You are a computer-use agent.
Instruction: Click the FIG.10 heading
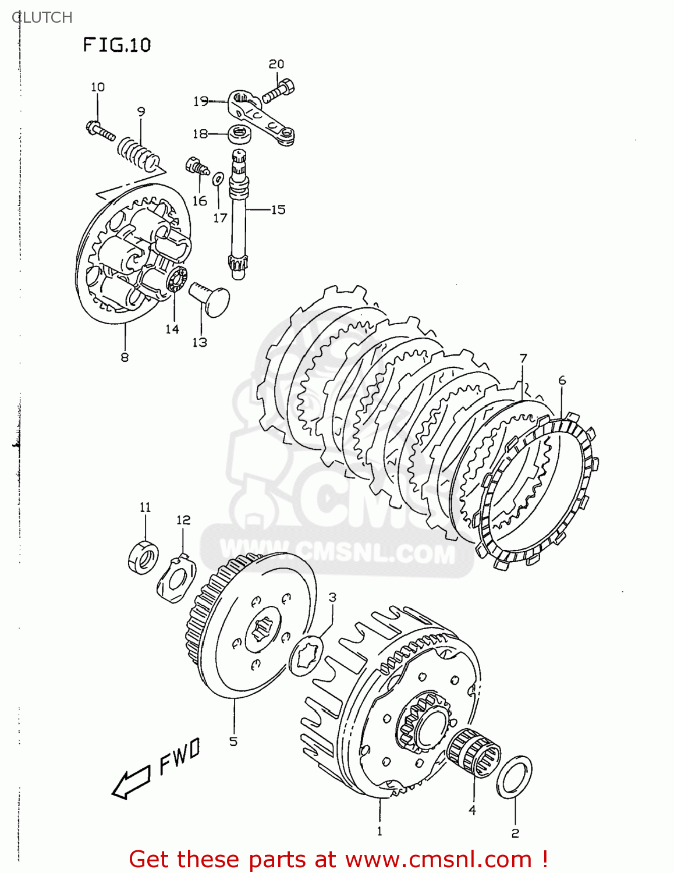(x=116, y=45)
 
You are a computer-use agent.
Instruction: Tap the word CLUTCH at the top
(x=42, y=17)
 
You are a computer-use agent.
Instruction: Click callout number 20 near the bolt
(x=276, y=64)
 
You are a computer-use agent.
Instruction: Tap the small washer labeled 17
(x=218, y=178)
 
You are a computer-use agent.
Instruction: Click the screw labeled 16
(x=196, y=166)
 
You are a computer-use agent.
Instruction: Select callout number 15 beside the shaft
(x=278, y=210)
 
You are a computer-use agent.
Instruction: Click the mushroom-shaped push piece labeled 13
(x=211, y=297)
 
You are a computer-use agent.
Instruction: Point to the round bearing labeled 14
(x=176, y=282)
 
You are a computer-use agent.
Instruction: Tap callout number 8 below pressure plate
(x=125, y=357)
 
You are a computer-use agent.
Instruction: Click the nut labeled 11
(x=143, y=557)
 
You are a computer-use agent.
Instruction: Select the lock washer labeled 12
(x=176, y=579)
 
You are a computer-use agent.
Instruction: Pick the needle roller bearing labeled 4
(x=474, y=753)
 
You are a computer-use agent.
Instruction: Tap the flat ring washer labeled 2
(x=515, y=777)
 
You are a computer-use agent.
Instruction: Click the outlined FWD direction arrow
(x=132, y=782)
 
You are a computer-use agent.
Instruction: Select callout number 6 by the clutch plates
(x=562, y=381)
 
